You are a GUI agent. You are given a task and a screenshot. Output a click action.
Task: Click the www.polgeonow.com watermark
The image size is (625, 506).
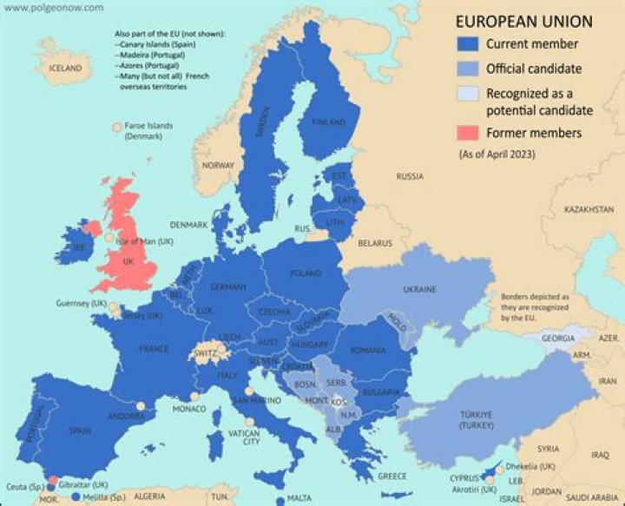52,8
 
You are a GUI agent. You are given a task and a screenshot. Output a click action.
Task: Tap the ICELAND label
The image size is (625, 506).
65,68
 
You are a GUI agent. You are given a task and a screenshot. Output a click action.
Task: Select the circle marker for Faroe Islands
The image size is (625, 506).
115,128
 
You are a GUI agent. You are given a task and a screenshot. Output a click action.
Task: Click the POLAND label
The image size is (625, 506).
305,273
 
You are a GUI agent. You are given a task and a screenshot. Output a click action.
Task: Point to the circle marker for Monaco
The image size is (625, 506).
194,396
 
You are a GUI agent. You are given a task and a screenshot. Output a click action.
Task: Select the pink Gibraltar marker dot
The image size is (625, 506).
53,480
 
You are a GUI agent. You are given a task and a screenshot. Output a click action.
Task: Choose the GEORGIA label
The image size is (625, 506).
557,339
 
